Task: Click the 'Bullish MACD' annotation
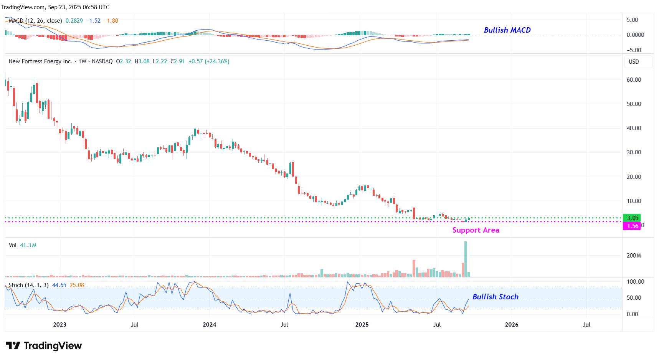point(507,30)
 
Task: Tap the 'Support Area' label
point(476,230)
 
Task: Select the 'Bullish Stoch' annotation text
point(495,297)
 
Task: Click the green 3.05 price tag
point(632,218)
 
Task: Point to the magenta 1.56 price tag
point(632,226)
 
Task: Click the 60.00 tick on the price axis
point(634,80)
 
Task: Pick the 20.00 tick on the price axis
point(634,177)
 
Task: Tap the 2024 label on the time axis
point(209,325)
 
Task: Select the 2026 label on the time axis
point(511,325)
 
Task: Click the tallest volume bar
point(466,259)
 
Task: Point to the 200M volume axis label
point(634,256)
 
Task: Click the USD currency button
point(634,62)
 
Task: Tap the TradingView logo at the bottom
point(44,346)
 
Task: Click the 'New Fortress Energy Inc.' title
point(40,61)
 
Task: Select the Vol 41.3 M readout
point(23,245)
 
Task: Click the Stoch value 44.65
point(59,285)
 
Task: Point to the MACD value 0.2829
point(74,21)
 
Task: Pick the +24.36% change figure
point(217,61)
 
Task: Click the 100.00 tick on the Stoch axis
point(635,282)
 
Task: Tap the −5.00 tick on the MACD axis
point(634,50)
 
